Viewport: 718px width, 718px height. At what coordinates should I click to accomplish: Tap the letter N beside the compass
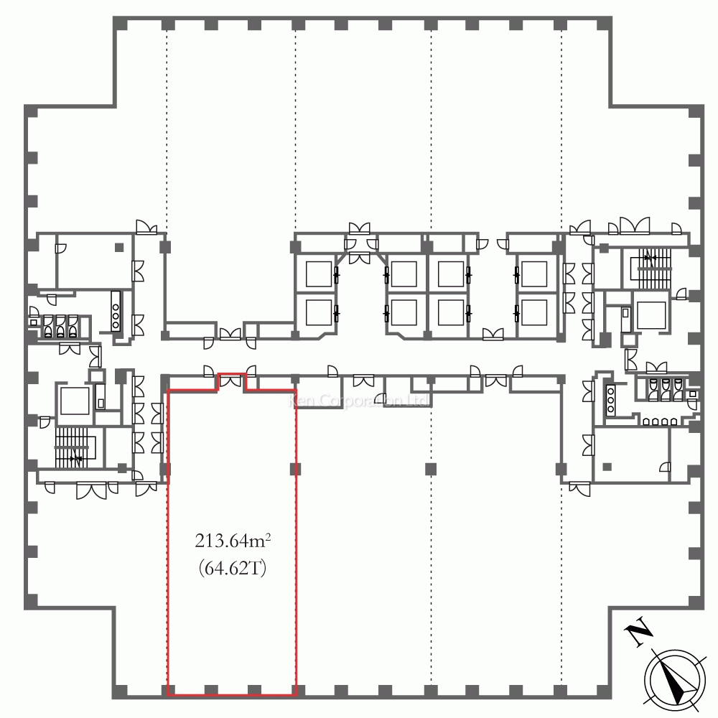coord(638,633)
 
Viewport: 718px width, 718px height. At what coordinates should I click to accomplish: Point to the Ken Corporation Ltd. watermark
coord(359,400)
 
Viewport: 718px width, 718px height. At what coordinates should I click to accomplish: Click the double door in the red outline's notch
coord(231,381)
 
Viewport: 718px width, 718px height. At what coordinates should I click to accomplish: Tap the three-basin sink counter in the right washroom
coord(612,399)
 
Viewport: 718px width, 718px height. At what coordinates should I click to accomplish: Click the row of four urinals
coord(654,423)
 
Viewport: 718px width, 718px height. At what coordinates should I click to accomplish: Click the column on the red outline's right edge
coord(294,470)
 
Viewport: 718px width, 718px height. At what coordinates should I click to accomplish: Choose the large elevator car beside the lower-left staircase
coord(73,401)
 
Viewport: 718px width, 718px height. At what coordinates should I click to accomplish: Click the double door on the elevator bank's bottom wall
coord(493,334)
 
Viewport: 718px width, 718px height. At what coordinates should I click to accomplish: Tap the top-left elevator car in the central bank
coord(317,274)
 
